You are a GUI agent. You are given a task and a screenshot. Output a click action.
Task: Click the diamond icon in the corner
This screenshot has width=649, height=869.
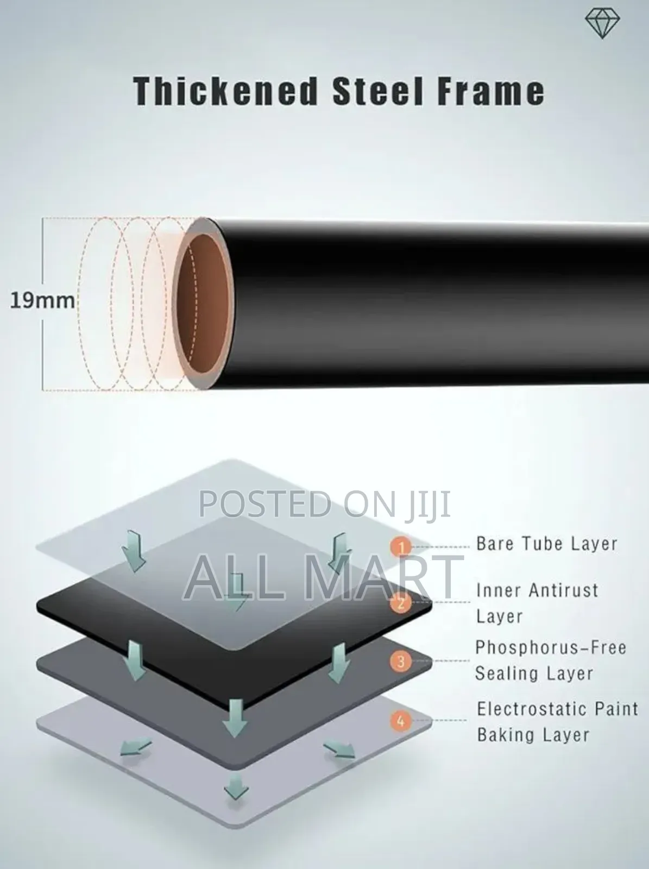[x=602, y=24]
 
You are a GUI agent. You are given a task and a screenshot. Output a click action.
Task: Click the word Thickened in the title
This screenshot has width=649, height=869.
[x=225, y=91]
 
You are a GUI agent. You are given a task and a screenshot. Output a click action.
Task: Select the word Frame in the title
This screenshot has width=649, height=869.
[x=491, y=91]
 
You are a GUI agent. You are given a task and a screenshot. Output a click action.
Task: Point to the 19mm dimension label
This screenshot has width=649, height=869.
[x=42, y=300]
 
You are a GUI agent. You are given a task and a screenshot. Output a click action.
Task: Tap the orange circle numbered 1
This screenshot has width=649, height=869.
[x=401, y=547]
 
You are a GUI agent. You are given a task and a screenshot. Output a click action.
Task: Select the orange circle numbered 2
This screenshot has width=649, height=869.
[x=401, y=603]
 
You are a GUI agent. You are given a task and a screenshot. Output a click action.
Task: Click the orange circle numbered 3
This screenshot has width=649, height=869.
[x=401, y=661]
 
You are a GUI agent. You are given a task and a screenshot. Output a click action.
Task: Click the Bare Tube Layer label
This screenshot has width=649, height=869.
[x=546, y=544]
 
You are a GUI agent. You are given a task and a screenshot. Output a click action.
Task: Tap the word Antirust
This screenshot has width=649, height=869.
[x=564, y=590]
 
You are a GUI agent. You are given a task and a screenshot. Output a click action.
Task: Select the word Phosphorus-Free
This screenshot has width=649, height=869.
[x=551, y=647]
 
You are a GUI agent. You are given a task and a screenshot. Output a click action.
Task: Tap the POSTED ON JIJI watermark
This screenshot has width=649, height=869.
[x=325, y=503]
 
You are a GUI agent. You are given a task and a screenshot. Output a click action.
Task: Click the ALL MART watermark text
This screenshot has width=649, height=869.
[x=324, y=578]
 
